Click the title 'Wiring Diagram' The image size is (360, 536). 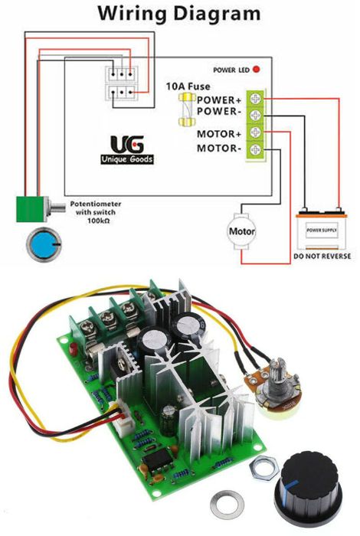(179, 13)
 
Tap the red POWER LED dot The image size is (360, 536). (256, 69)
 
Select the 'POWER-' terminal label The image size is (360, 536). (221, 112)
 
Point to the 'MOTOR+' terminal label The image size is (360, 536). (220, 134)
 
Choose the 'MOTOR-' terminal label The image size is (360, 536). (220, 147)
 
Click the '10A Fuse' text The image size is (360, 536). (188, 87)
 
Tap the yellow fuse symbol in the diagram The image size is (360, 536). (185, 112)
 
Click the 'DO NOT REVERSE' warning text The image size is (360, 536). (322, 257)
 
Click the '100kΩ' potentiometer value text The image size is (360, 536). (85, 221)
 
